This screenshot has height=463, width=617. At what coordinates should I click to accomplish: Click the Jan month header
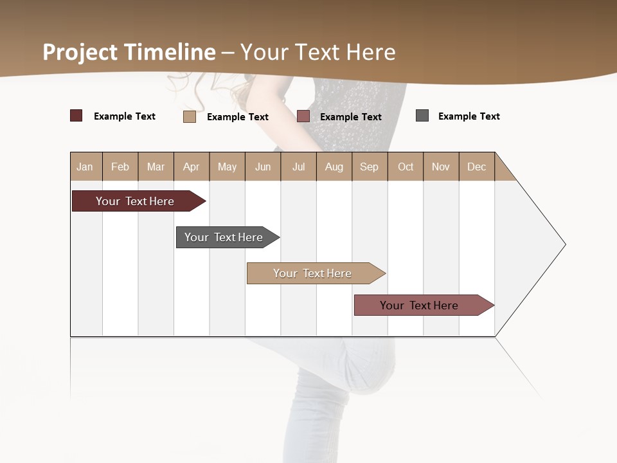85,167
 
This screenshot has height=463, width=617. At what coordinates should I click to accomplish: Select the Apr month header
192,167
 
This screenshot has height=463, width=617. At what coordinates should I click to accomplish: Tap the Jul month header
298,167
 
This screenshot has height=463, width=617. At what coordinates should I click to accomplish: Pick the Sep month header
370,167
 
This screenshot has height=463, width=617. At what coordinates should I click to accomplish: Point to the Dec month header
477,167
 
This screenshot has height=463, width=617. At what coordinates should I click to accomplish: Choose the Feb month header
120,167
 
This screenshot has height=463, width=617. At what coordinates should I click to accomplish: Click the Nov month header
441,167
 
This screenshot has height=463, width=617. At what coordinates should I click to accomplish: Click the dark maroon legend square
76,116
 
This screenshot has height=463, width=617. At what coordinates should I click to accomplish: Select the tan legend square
190,116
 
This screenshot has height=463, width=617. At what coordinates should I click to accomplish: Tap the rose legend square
303,116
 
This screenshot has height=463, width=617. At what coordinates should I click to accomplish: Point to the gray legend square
422,116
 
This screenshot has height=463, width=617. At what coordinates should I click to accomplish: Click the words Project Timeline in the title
129,52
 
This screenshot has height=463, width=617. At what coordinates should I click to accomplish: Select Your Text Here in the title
318,52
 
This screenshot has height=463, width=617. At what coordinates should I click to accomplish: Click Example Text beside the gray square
469,116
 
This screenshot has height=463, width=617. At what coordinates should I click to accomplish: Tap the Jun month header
263,167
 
